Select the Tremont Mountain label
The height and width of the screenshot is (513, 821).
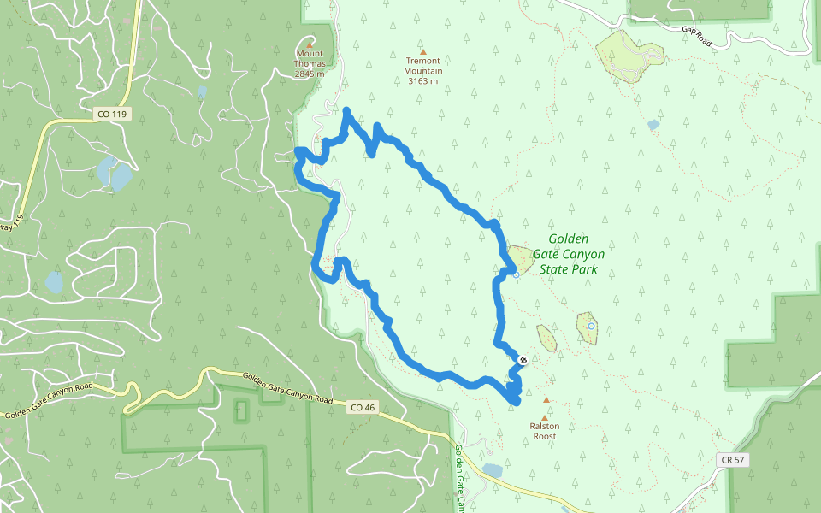pyautogui.click(x=423, y=66)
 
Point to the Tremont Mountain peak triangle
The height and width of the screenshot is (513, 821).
pyautogui.click(x=422, y=51)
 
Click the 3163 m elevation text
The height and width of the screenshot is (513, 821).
pyautogui.click(x=423, y=82)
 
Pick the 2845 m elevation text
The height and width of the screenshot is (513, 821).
pyautogui.click(x=310, y=74)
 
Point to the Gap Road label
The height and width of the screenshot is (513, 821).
pyautogui.click(x=697, y=35)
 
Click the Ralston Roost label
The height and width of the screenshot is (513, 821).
pyautogui.click(x=545, y=431)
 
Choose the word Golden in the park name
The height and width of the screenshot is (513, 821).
pyautogui.click(x=568, y=239)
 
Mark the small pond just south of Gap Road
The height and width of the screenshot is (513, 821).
pyautogui.click(x=653, y=125)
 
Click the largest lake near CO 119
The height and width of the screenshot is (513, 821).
pyautogui.click(x=115, y=174)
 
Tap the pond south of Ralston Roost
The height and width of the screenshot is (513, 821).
pyautogui.click(x=493, y=470)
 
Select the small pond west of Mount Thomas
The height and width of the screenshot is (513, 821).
pyautogui.click(x=202, y=91)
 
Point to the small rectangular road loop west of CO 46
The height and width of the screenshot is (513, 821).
pyautogui.click(x=240, y=410)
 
